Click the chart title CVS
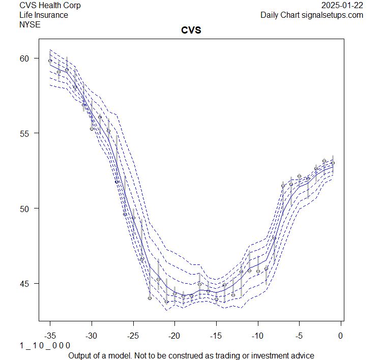click(x=191, y=30)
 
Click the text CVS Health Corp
click(x=50, y=5)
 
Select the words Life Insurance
click(x=44, y=15)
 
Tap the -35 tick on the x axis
click(x=50, y=335)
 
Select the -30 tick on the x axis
click(x=92, y=335)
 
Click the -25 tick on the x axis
click(x=133, y=335)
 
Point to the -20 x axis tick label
click(x=174, y=335)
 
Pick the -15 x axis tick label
click(x=216, y=335)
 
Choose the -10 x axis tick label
click(x=258, y=335)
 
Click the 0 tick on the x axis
click(x=341, y=335)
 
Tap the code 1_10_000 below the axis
click(x=45, y=345)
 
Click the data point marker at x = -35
click(x=50, y=61)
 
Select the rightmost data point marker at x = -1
click(x=333, y=163)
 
